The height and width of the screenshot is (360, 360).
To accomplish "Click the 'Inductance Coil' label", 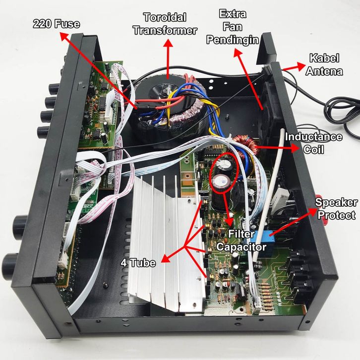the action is (x=314, y=142).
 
